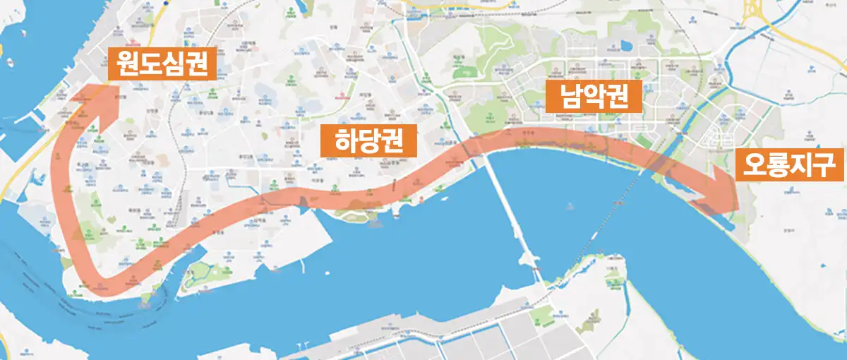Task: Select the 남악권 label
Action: click(593, 97)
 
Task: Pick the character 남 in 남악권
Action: click(569, 97)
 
